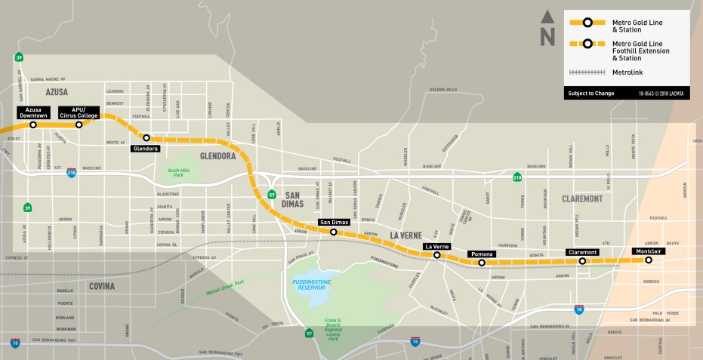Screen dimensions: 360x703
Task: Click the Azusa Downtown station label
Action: pos(32,112)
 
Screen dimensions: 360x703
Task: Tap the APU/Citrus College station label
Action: pos(79,112)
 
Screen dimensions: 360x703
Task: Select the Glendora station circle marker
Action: pos(146,137)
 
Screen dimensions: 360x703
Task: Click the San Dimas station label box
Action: pos(333,222)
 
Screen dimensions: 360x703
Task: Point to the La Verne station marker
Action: pos(437,256)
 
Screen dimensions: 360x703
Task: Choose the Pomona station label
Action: pos(481,254)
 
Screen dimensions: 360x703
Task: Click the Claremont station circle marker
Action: pos(582,261)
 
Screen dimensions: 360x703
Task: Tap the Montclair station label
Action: pos(648,251)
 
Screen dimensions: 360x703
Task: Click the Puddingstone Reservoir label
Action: pos(310,285)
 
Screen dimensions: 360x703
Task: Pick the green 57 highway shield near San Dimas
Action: pos(271,194)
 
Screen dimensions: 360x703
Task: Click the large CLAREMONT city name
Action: pos(581,198)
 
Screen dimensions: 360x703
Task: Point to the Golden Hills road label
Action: pos(443,89)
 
